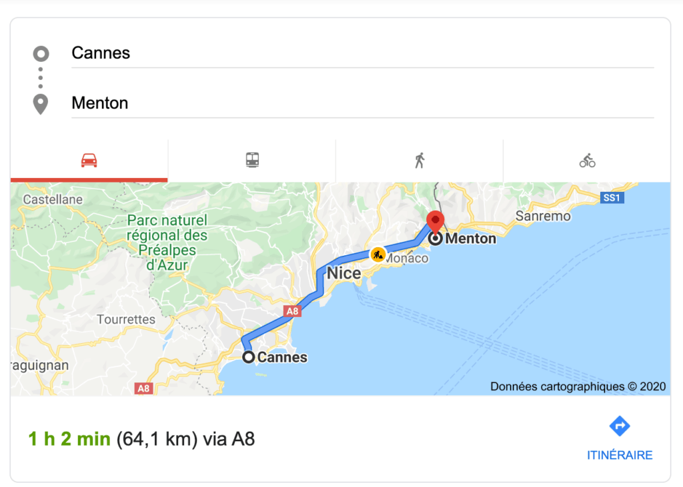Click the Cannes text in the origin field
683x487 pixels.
[101, 53]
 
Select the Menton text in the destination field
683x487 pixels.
[99, 103]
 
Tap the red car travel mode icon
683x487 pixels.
[89, 161]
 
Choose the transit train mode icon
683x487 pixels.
[252, 160]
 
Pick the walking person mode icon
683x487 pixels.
[420, 161]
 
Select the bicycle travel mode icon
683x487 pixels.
[587, 161]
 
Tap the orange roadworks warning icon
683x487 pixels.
[378, 254]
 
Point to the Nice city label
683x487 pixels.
[344, 273]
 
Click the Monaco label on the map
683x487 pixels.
[406, 258]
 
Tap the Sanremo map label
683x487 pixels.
[544, 216]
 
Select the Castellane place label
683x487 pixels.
[53, 199]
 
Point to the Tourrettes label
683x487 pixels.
[126, 319]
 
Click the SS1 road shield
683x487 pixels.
[611, 198]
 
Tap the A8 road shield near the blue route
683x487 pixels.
[291, 310]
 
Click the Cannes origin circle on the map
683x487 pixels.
[249, 357]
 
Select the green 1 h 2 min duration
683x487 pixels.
[69, 439]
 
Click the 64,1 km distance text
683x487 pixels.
[157, 439]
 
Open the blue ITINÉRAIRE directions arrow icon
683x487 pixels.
[620, 426]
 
